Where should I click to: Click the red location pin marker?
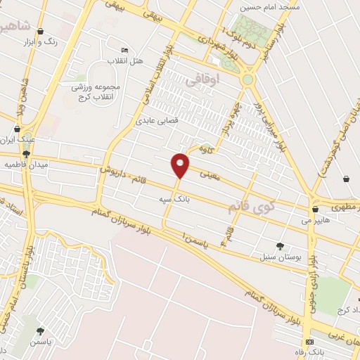(x=180, y=165)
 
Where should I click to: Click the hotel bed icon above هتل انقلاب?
(x=125, y=51)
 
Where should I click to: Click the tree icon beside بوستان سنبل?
(x=280, y=246)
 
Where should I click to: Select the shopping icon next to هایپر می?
(x=314, y=208)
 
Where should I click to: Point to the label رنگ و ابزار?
(x=60, y=42)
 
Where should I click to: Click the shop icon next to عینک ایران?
(x=16, y=129)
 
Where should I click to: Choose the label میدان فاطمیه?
(x=25, y=164)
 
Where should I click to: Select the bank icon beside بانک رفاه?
(x=309, y=341)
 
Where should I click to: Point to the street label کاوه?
(x=206, y=148)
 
